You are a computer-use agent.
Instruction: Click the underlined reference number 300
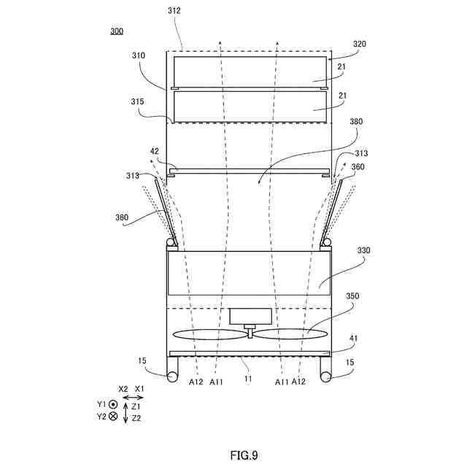[x=117, y=31]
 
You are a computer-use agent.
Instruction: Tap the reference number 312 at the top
[x=173, y=11]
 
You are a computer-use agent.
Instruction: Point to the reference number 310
[x=139, y=55]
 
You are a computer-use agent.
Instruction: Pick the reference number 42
[x=154, y=152]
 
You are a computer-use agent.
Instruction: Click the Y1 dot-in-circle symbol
[x=113, y=404]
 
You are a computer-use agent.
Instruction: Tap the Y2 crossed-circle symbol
[x=113, y=416]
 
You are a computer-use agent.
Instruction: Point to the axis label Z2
[x=136, y=419]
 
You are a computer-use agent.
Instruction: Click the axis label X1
[x=140, y=390]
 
